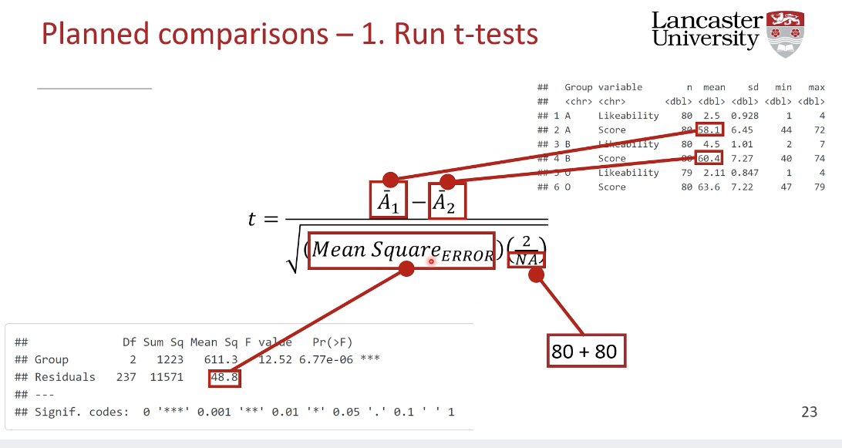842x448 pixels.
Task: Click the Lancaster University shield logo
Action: (786, 33)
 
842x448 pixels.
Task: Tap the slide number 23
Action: (809, 412)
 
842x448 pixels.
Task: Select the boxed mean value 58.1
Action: (709, 130)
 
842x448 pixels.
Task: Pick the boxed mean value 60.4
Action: (709, 159)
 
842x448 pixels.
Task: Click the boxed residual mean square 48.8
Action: (224, 378)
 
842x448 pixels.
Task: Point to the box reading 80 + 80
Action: (584, 352)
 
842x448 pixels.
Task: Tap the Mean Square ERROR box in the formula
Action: (401, 251)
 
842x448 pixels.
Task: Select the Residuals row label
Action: (65, 378)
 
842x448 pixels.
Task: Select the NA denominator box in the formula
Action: (527, 260)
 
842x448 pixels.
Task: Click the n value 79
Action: (685, 173)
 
